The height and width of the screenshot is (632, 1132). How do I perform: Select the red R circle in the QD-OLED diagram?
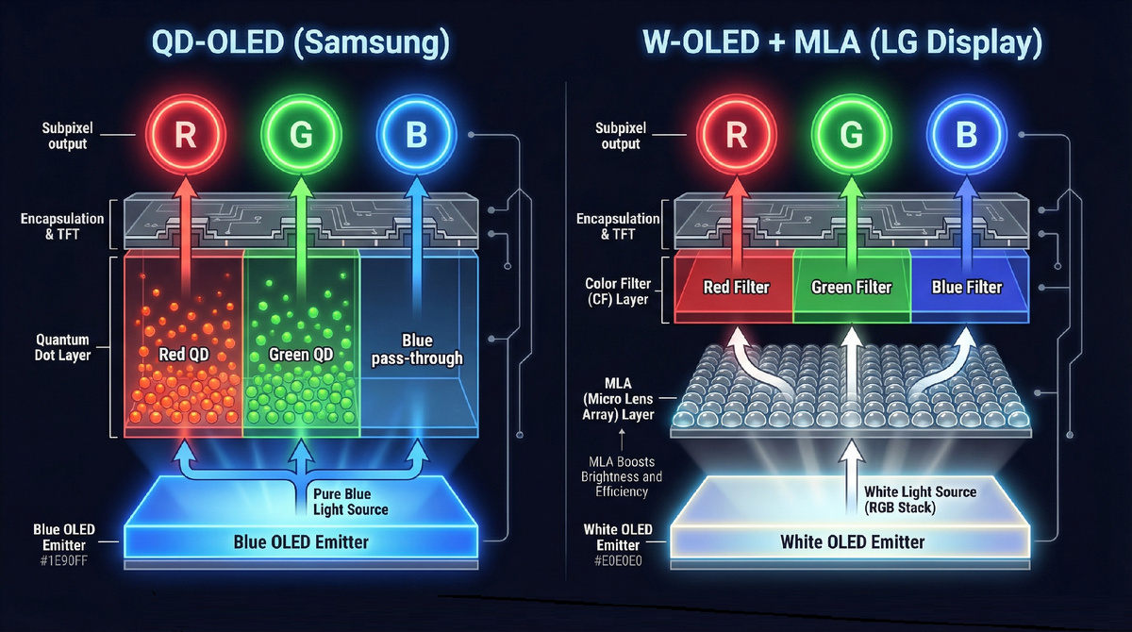coord(186,135)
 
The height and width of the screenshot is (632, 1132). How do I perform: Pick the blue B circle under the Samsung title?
coord(415,135)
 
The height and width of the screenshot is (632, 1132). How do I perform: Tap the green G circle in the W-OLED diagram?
coord(851,135)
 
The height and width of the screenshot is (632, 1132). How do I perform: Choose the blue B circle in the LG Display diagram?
coord(965,135)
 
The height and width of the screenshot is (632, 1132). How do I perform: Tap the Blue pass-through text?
coord(416,349)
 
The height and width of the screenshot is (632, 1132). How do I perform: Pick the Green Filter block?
coord(851,287)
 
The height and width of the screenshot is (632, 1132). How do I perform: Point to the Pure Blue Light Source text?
coord(349,502)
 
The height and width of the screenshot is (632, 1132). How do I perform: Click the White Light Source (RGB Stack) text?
coord(920,499)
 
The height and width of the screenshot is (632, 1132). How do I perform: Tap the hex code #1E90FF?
coord(59,560)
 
